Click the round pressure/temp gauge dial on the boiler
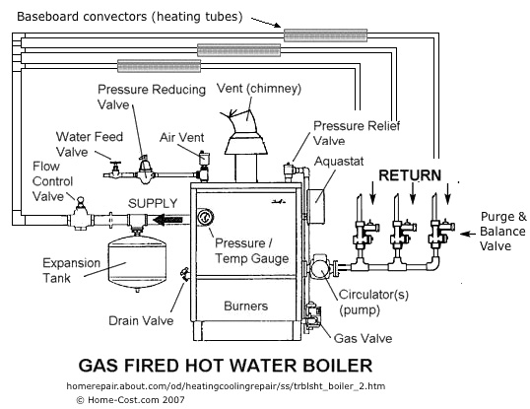click(x=205, y=217)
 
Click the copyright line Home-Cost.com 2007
click(x=129, y=400)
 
